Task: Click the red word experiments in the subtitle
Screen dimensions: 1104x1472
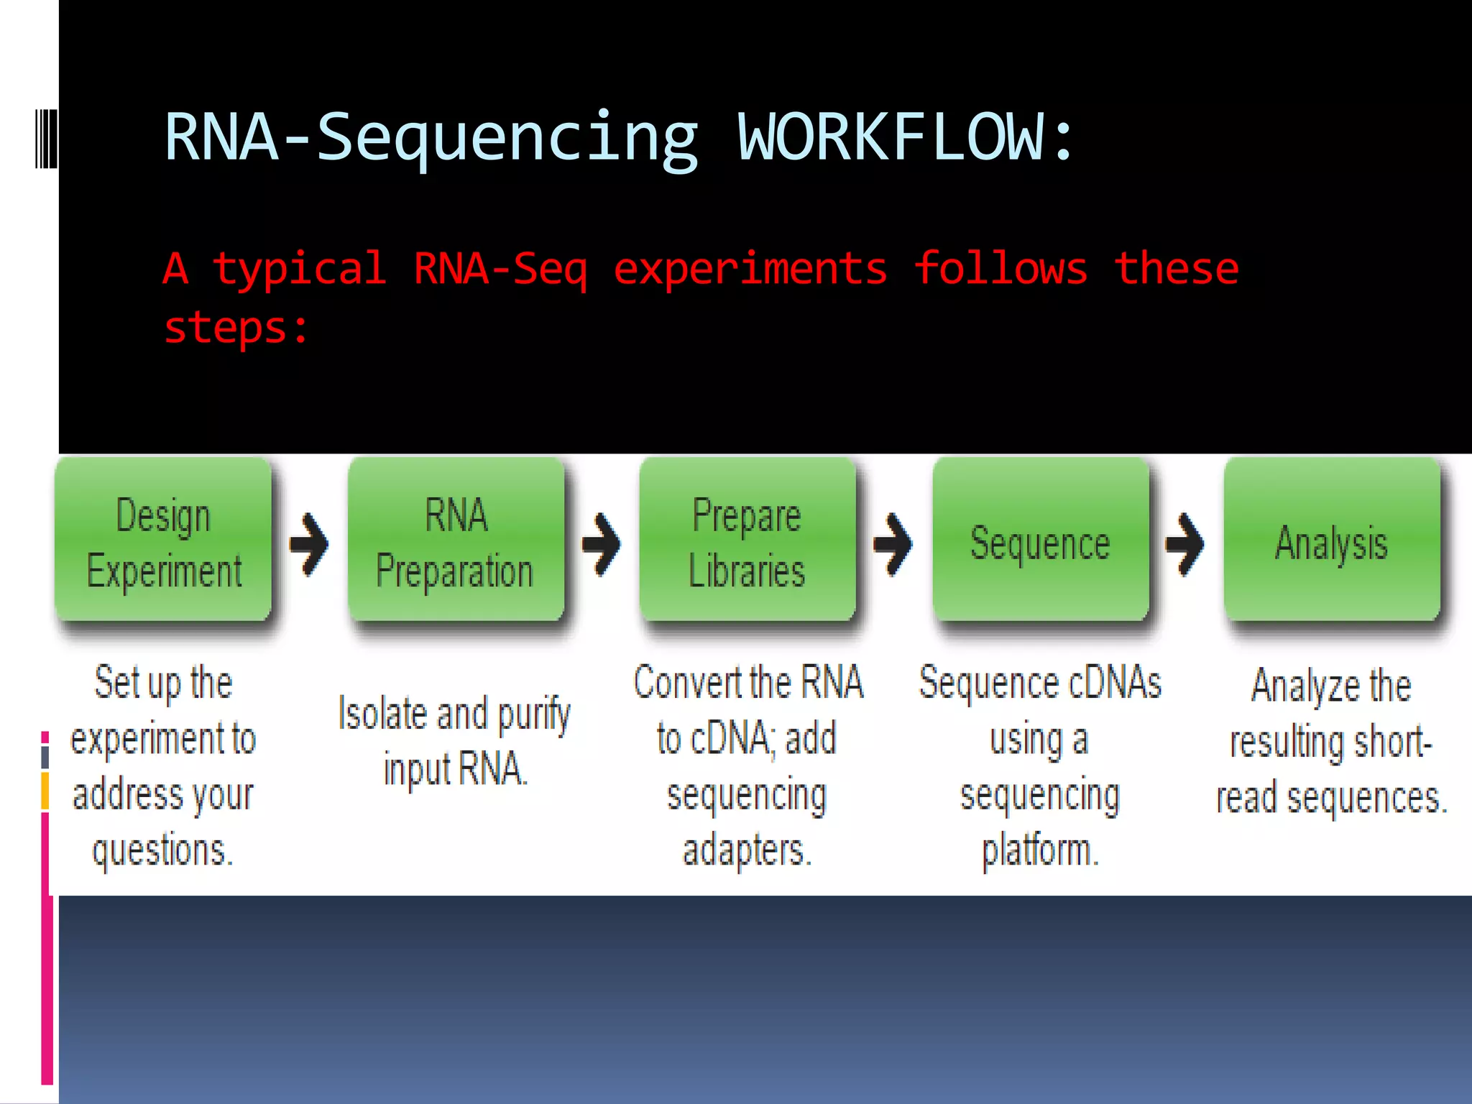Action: pyautogui.click(x=750, y=270)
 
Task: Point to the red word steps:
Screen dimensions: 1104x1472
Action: pyautogui.click(x=236, y=328)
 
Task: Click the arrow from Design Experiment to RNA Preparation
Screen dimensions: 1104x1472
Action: pyautogui.click(x=309, y=544)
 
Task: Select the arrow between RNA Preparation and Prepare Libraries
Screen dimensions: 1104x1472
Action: pyautogui.click(x=602, y=544)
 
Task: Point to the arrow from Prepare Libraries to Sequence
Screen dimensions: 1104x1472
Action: pyautogui.click(x=893, y=544)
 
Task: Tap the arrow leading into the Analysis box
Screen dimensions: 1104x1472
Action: pyautogui.click(x=1185, y=544)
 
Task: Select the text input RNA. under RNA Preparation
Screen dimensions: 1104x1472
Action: pyautogui.click(x=456, y=769)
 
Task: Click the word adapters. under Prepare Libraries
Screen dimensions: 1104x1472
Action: pyautogui.click(x=747, y=850)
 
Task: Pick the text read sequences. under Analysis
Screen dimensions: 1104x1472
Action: pyautogui.click(x=1332, y=798)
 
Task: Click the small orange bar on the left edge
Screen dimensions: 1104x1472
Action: pyautogui.click(x=45, y=791)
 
